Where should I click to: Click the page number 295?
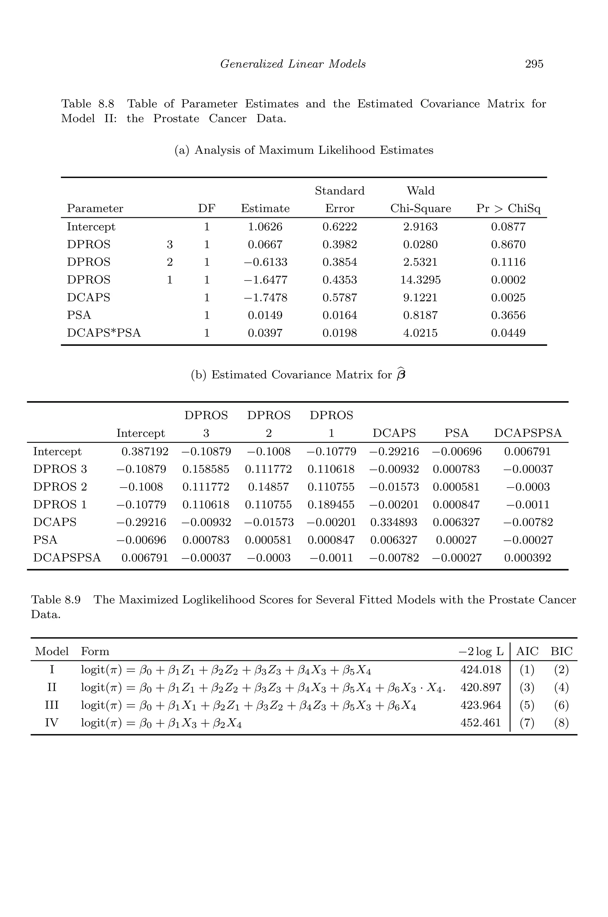[x=534, y=64]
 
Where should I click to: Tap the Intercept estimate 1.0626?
[x=265, y=227]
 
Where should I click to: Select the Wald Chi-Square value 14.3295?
[x=420, y=280]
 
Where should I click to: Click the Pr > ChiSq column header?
[x=508, y=209]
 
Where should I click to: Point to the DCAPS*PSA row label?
[x=104, y=333]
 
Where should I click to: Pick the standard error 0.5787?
[x=340, y=298]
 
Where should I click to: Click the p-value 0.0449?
[x=508, y=333]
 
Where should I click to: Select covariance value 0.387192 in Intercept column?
[x=145, y=451]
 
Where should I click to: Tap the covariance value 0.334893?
[x=394, y=522]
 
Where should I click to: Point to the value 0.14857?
[x=268, y=487]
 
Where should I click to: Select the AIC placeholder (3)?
[x=527, y=688]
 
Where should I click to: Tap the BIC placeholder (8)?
[x=561, y=723]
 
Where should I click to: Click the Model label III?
[x=52, y=705]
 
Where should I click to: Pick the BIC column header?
[x=561, y=651]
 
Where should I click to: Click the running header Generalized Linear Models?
[x=293, y=64]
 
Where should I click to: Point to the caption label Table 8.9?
[x=56, y=600]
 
